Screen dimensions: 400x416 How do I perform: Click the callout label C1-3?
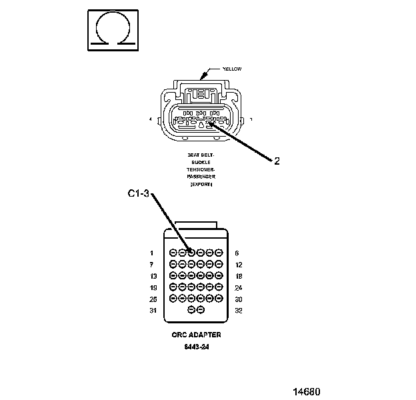pos(139,195)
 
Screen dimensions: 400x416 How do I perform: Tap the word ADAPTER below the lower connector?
pos(207,335)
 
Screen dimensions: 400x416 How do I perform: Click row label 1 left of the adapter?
pos(152,253)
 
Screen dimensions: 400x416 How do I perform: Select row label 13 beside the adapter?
pos(153,276)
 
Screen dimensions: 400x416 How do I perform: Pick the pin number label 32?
pos(239,311)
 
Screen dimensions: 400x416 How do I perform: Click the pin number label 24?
pos(239,287)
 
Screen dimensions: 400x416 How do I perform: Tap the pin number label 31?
pos(153,311)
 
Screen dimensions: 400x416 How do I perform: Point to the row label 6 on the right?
pos(237,253)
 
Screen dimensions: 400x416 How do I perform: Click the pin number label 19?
pos(153,287)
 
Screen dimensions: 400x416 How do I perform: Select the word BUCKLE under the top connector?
pos(201,161)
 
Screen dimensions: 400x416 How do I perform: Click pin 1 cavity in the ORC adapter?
pos(173,253)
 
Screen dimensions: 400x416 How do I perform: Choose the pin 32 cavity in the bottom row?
pos(201,310)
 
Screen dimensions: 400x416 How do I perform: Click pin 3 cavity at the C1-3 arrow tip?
pos(191,253)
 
